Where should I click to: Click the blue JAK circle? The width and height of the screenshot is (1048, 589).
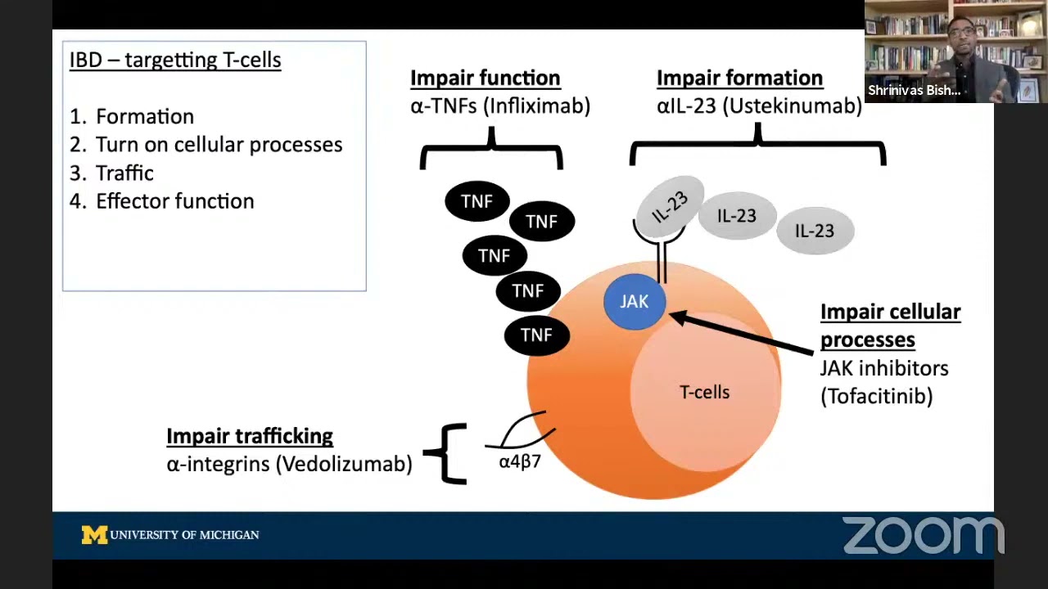(x=635, y=302)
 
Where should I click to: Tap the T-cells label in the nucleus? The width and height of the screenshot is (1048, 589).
(x=704, y=392)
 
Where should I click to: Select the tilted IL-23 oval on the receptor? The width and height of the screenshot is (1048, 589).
(x=670, y=206)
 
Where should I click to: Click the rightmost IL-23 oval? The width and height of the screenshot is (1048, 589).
(x=815, y=231)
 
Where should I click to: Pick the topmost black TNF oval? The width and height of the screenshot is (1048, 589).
(x=477, y=201)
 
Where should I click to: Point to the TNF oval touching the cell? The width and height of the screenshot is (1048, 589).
(x=536, y=335)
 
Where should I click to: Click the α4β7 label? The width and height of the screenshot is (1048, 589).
(x=520, y=461)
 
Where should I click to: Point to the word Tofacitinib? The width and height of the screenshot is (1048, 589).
(x=876, y=397)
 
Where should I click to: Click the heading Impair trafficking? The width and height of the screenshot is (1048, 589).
(x=250, y=436)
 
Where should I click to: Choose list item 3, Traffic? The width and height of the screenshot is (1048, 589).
(x=124, y=173)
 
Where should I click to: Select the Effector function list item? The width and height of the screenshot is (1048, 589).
(x=174, y=201)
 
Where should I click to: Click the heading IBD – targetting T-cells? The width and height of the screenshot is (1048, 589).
(x=175, y=60)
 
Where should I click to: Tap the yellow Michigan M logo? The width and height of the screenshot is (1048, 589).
(x=94, y=535)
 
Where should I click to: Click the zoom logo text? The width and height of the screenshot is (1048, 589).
(x=923, y=535)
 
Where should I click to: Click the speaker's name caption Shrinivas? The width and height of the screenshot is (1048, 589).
(x=914, y=91)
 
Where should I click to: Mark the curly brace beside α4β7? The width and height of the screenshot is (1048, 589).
(x=446, y=452)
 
